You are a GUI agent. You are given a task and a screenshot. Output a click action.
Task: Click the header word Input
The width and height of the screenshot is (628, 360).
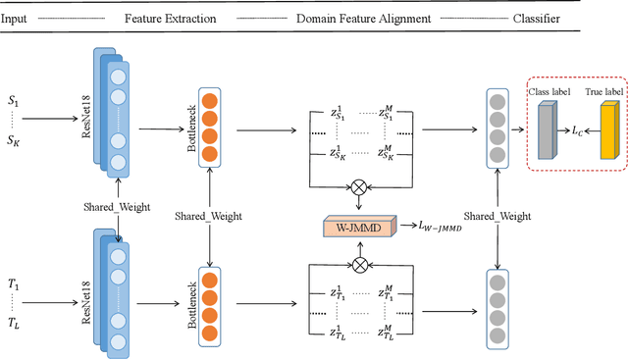[20, 18]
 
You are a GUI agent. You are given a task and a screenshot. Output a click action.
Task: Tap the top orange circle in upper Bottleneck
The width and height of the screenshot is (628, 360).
[209, 99]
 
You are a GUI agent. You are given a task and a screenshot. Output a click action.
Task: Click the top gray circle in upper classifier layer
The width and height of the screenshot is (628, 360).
[498, 99]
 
